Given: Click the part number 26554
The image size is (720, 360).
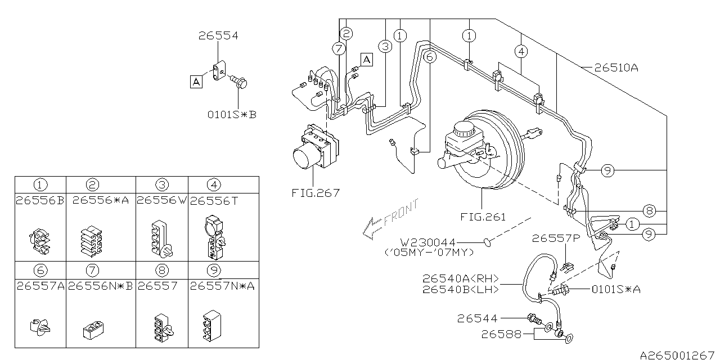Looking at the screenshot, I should [218, 36].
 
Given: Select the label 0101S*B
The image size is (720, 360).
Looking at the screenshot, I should [232, 115].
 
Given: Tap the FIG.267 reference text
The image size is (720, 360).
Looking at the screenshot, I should [316, 193].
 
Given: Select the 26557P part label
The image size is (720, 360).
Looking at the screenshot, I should [555, 238].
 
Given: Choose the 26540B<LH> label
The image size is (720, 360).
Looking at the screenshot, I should [458, 290].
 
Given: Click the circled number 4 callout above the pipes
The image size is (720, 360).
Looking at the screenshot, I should [521, 52].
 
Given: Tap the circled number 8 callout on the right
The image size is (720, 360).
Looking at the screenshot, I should [649, 211].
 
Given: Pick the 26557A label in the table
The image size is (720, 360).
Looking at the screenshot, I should [40, 286].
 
